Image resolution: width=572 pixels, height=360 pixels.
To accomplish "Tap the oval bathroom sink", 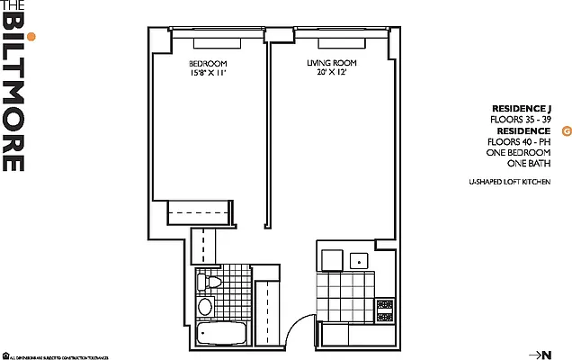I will pyautogui.click(x=206, y=307).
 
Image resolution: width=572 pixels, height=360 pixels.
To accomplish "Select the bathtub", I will pyautogui.click(x=219, y=335).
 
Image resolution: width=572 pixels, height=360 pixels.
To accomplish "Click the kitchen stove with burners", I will pyautogui.click(x=385, y=310).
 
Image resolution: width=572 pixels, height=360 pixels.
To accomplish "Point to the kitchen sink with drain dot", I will pyautogui.click(x=361, y=260).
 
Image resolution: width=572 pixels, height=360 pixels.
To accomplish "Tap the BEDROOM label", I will pyautogui.click(x=207, y=63).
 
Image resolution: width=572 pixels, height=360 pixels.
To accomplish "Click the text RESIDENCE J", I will pyautogui.click(x=522, y=107).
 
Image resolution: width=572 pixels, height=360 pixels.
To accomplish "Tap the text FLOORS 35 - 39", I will pyautogui.click(x=521, y=119).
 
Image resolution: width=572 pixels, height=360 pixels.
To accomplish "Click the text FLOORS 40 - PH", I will pyautogui.click(x=521, y=141).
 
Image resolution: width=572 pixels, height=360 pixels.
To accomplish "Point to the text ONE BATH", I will pyautogui.click(x=529, y=164).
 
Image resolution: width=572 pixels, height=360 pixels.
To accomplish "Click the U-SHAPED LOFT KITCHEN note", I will pyautogui.click(x=509, y=182).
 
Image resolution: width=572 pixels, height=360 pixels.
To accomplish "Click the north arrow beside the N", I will pyautogui.click(x=534, y=353).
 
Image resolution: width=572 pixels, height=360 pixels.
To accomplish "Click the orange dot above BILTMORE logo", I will pyautogui.click(x=31, y=37).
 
